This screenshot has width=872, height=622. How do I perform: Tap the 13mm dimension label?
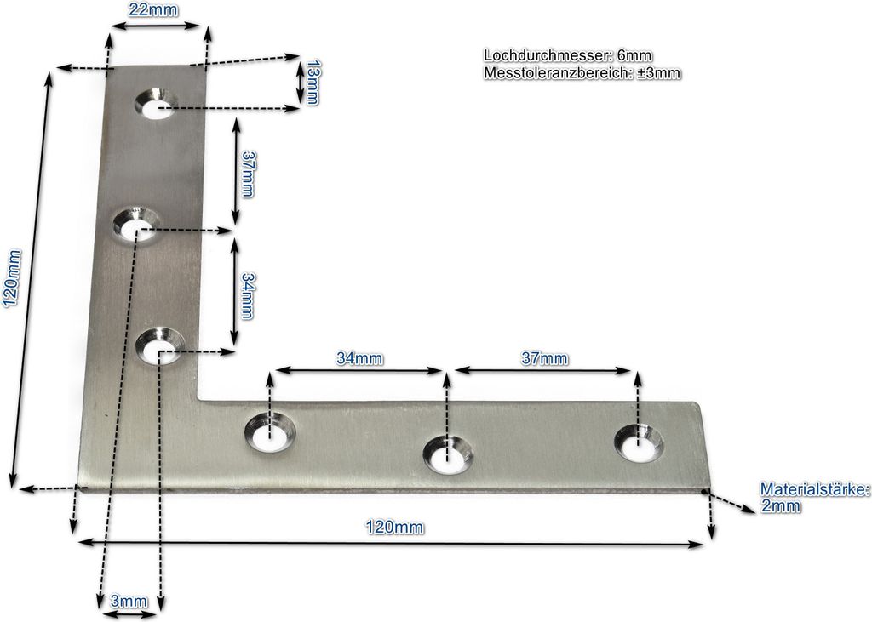313,82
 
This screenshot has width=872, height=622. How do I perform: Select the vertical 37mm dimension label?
247,174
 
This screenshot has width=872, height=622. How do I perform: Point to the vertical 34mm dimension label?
247,295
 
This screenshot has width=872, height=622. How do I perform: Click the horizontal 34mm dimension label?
359,358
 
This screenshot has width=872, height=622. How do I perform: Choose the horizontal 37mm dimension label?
545,358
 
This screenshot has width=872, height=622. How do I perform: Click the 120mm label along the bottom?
393,528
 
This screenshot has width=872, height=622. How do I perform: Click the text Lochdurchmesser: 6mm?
568,56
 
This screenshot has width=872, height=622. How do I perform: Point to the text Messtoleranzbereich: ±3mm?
582,73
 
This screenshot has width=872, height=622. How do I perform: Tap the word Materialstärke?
813,489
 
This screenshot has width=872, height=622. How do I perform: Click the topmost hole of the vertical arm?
155,106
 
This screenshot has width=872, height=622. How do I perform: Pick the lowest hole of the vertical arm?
160,349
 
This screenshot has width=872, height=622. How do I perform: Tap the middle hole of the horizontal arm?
448,456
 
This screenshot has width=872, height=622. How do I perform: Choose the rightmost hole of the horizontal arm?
638,442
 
